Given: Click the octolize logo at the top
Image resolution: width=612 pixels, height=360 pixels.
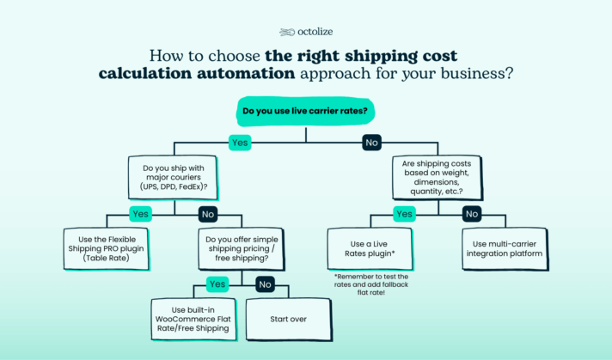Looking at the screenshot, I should pos(305,32).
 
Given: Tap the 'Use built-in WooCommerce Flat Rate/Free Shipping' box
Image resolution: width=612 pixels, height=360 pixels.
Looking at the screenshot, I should pos(193,319).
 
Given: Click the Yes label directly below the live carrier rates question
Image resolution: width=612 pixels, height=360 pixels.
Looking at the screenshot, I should pos(240,143).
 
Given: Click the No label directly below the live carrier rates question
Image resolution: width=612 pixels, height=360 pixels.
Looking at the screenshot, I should pos(371,143).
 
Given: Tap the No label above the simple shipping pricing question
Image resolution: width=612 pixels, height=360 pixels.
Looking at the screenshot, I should pos(207,214).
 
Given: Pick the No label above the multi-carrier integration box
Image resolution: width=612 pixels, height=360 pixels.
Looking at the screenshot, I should pos(472,214).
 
